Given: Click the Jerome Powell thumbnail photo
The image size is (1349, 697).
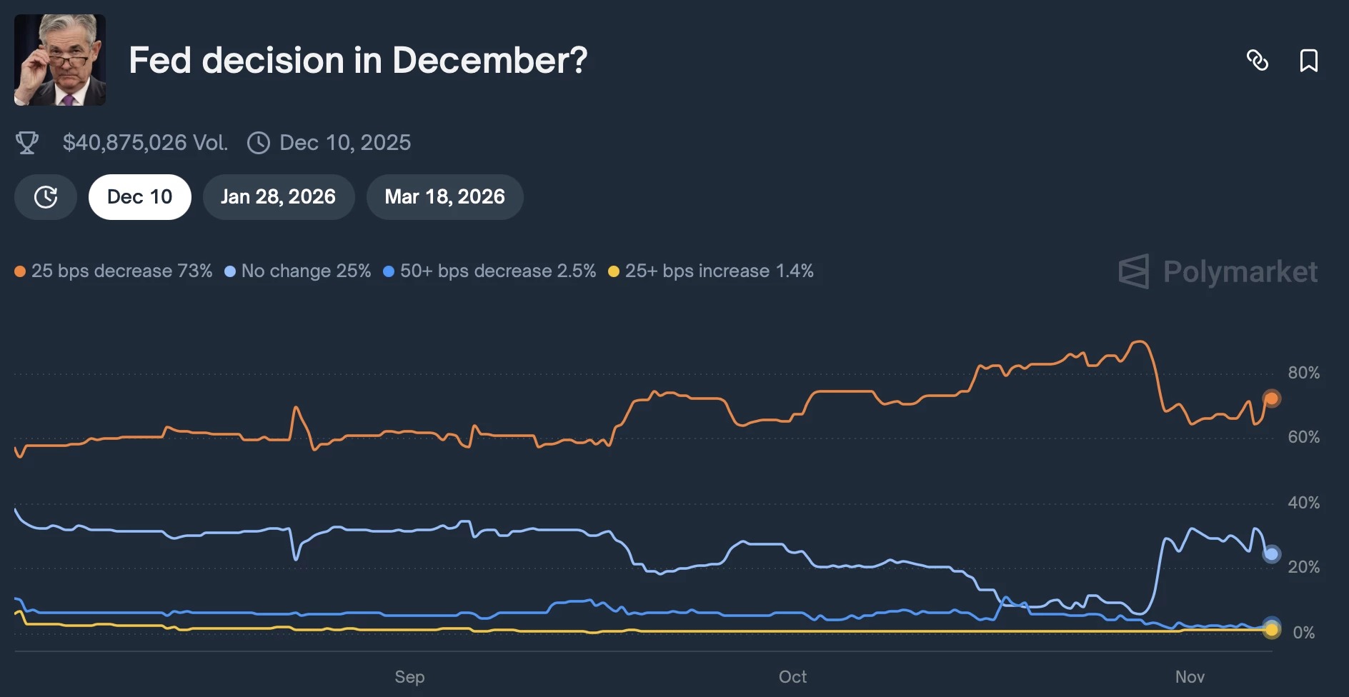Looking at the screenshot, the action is coord(60,60).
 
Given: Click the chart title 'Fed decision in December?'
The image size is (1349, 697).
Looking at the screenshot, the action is coord(358,60).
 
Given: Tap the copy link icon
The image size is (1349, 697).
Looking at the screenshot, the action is coord(1258,60).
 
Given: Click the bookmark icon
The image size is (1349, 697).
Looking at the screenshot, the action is coord(1309,60).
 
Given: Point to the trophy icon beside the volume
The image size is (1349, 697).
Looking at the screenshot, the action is coord(27,143).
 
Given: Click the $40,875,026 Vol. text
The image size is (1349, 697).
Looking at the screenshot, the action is coord(146,143).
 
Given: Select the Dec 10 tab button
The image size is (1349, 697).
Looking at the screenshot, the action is coord(140,197).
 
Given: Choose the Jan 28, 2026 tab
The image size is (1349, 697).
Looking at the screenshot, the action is coord(279,197).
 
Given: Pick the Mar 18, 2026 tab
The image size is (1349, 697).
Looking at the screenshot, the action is coord(445,197).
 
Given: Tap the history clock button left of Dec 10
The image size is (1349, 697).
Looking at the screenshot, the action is coord(46,197).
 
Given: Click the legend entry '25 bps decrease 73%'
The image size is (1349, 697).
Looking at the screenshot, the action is coord(114,271).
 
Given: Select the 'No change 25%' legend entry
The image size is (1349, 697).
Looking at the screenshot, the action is coord(298,271).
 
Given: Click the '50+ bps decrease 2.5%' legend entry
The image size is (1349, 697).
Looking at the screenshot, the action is coord(489,271).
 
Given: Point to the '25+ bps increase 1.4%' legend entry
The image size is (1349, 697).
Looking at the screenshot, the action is coord(711,271).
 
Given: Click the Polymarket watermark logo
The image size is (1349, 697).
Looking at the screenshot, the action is coord(1218,271).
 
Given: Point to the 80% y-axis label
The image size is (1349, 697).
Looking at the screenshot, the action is coord(1304,373).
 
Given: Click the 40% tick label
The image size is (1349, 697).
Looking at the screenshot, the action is coord(1304,503).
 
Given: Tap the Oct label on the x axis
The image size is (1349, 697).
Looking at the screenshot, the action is coord(792,677).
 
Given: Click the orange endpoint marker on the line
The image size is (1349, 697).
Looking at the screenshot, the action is coord(1271,398).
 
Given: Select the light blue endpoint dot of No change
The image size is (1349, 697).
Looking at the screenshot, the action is coord(1271,553).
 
